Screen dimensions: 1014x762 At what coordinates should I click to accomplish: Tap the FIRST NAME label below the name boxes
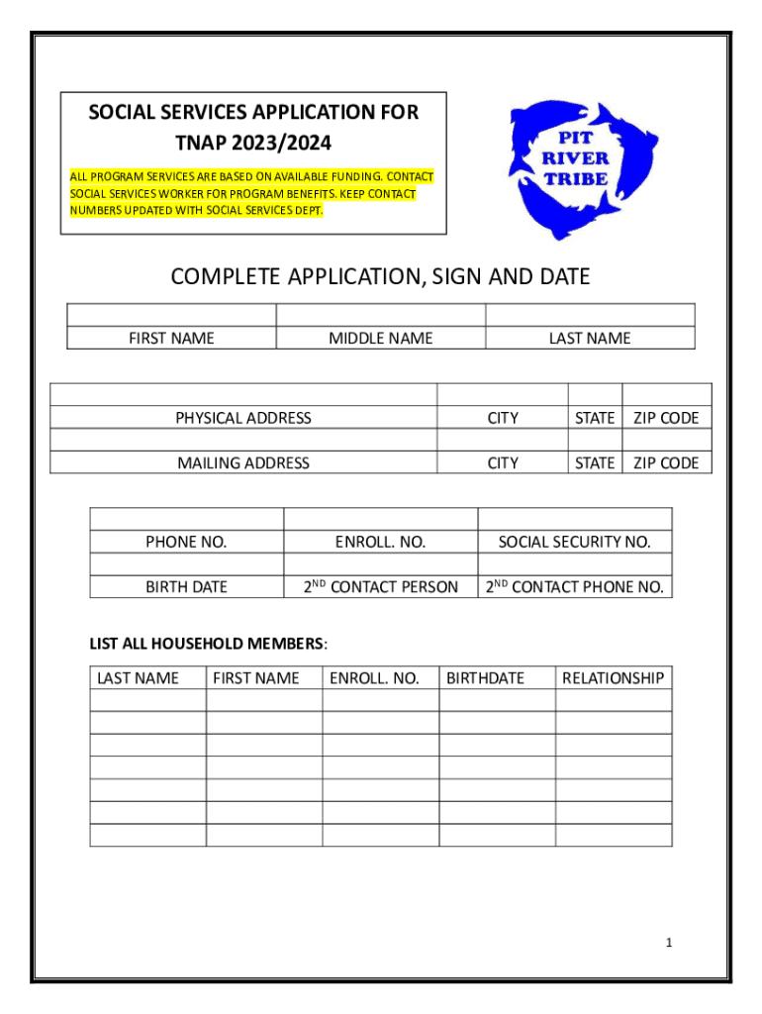tap(171, 339)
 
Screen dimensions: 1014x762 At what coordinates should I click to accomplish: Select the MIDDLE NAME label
tap(380, 339)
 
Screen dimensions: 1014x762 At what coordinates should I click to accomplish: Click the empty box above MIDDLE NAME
tap(380, 315)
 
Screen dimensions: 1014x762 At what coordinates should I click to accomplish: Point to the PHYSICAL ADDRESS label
tap(243, 418)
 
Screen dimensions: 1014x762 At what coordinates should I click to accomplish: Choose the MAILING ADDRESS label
tap(243, 462)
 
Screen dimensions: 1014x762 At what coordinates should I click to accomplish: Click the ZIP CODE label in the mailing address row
tap(666, 462)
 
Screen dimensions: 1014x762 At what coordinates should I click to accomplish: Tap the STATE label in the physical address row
tap(595, 418)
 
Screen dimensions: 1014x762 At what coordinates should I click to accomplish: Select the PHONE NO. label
tap(186, 542)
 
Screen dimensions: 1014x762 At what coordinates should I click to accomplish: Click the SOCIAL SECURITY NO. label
tap(574, 542)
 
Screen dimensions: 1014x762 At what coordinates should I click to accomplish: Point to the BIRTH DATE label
tap(186, 586)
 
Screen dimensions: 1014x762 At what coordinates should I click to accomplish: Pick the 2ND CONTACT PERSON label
tap(381, 586)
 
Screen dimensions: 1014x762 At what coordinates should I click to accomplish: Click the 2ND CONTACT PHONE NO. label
tap(574, 586)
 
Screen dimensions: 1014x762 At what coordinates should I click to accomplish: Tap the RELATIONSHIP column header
tap(613, 677)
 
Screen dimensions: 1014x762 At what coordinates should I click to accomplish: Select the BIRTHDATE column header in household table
tap(485, 677)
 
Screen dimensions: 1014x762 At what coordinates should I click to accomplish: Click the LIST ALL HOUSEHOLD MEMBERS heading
tap(209, 645)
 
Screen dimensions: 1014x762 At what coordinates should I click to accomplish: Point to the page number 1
tap(669, 943)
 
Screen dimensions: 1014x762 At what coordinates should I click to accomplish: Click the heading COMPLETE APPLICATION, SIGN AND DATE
tap(380, 277)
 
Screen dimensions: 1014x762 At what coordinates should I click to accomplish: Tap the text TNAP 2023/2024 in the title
tap(253, 143)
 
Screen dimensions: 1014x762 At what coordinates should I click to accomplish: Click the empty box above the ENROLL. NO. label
tap(380, 519)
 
